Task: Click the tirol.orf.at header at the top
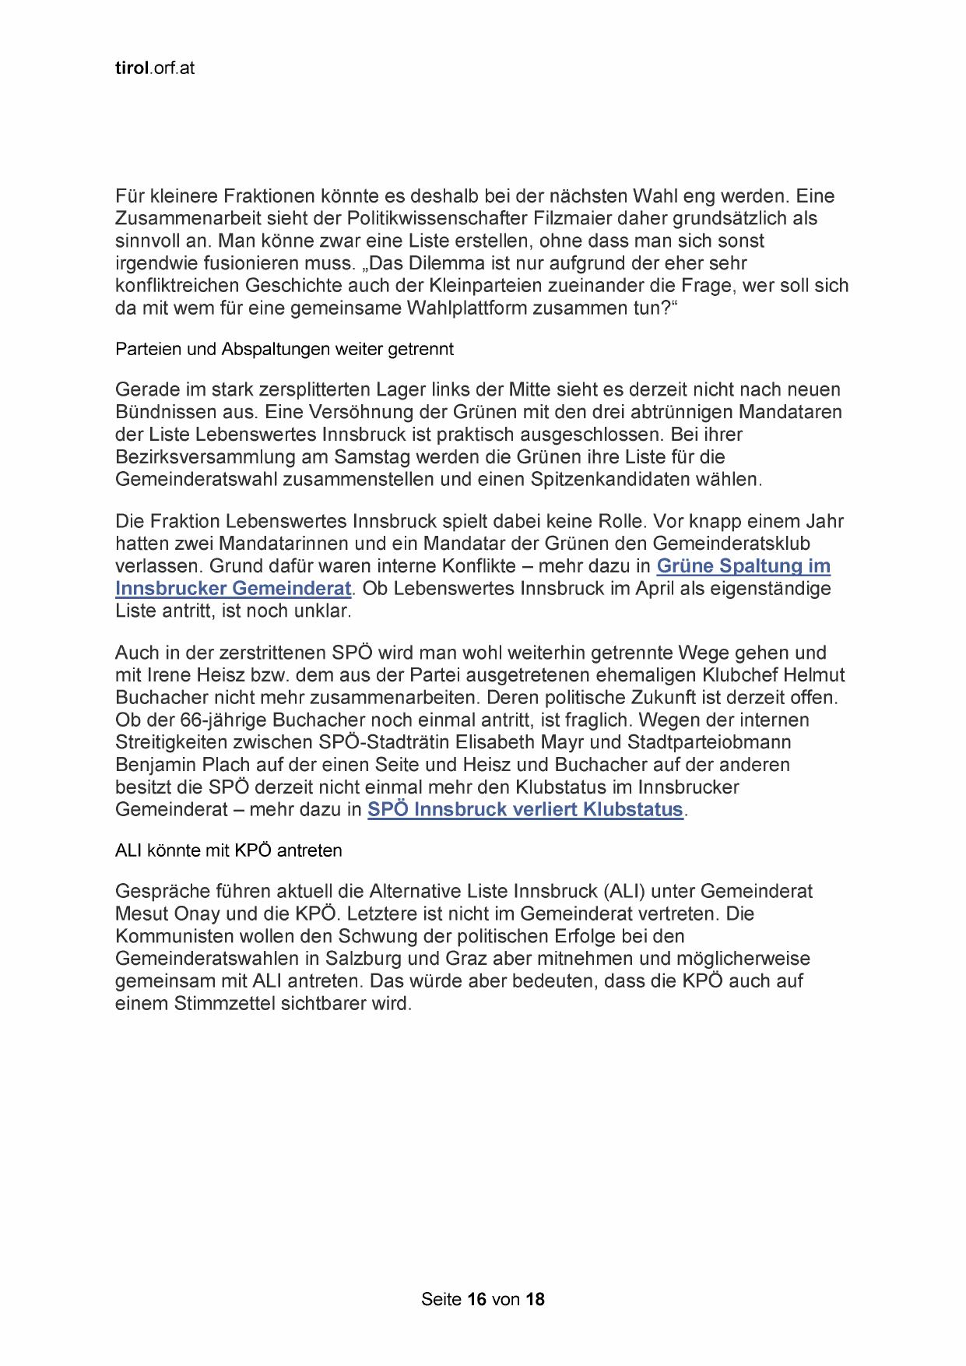coord(154,69)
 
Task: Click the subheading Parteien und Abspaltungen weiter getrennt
coord(284,350)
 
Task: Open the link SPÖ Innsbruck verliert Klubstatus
coord(525,810)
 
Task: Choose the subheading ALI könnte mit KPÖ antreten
coord(228,850)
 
